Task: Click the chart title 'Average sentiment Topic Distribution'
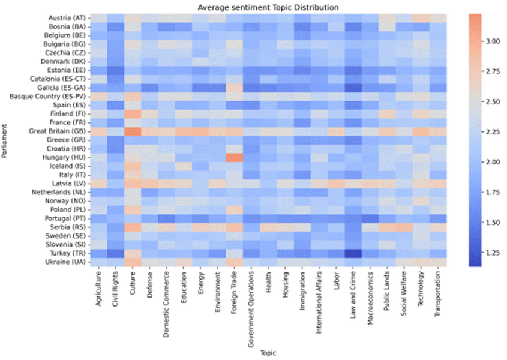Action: click(271, 7)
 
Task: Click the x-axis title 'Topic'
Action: click(268, 353)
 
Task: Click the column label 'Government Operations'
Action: click(251, 307)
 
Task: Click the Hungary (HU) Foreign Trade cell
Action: click(235, 158)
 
